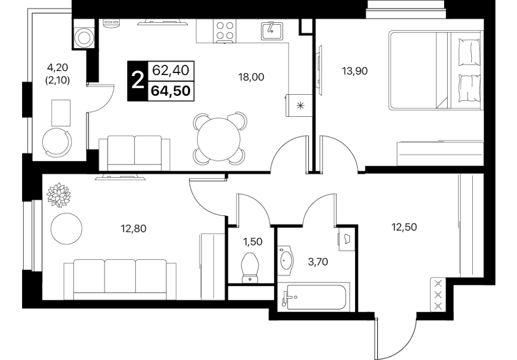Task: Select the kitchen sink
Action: tap(272, 31)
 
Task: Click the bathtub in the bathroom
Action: tap(314, 297)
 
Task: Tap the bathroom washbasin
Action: tap(285, 260)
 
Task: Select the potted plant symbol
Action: tap(59, 195)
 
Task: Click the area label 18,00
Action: tap(251, 77)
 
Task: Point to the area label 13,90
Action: tap(355, 70)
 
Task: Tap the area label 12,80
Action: tap(134, 228)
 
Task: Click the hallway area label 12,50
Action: tap(404, 227)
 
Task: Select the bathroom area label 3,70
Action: tap(318, 262)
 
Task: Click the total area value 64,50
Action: tap(171, 91)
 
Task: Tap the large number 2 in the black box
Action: tap(138, 81)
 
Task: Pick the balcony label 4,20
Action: tap(58, 67)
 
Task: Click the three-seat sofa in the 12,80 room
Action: tap(120, 279)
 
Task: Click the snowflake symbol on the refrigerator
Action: tap(300, 106)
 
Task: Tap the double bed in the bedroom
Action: tap(435, 70)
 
